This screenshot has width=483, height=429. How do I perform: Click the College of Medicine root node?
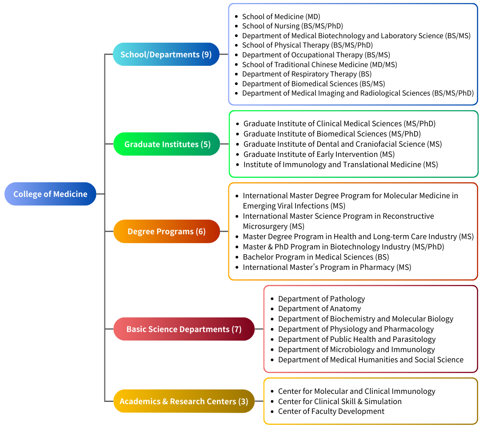(50, 194)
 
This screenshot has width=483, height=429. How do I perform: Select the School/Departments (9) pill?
(166, 54)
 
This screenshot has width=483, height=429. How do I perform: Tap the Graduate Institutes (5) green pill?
(167, 144)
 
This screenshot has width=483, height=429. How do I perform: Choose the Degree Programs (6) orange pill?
(167, 231)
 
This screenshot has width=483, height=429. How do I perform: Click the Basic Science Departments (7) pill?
(184, 329)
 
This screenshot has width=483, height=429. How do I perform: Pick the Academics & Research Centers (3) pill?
(184, 401)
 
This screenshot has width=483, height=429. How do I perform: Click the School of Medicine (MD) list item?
(281, 16)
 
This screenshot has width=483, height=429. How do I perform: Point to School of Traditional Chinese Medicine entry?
(319, 64)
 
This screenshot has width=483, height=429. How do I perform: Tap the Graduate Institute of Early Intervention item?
(319, 154)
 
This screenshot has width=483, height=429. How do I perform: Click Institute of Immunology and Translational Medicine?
(340, 164)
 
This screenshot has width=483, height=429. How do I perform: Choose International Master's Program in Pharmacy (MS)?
(327, 267)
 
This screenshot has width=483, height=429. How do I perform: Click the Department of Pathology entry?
(321, 299)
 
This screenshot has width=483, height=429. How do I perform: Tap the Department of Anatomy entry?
(319, 309)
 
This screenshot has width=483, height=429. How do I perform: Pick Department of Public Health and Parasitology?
(357, 339)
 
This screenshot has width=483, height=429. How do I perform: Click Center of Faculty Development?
(331, 411)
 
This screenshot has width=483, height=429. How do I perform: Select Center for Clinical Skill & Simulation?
(339, 401)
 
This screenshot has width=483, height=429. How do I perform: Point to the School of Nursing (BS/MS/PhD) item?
(292, 26)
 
